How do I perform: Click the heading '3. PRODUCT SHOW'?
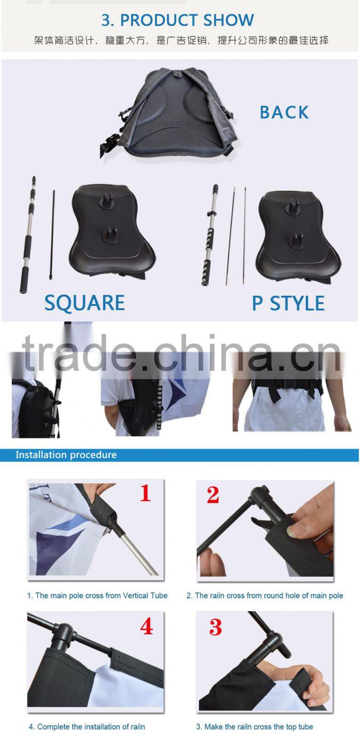pyautogui.click(x=178, y=20)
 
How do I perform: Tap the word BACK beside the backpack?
pyautogui.click(x=285, y=112)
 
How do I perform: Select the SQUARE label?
pyautogui.click(x=85, y=303)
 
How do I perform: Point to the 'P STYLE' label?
pyautogui.click(x=288, y=303)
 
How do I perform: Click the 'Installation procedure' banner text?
pyautogui.click(x=66, y=455)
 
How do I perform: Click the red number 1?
pyautogui.click(x=145, y=493)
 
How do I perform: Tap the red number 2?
pyautogui.click(x=213, y=495)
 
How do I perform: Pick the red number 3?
pyautogui.click(x=215, y=627)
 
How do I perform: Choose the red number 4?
pyautogui.click(x=147, y=626)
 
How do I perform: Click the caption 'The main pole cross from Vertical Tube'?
pyautogui.click(x=101, y=596)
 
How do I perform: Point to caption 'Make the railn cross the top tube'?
pyautogui.click(x=258, y=726)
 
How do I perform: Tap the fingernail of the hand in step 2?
pyautogui.click(x=293, y=530)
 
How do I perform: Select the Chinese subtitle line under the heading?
pyautogui.click(x=181, y=41)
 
